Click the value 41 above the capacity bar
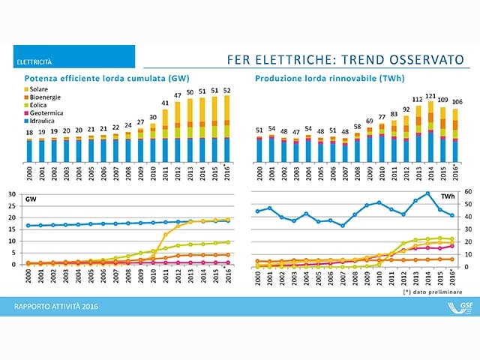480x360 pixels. pos(165,103)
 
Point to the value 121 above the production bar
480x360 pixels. pos(430,96)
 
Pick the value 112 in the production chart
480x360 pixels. pos(418,100)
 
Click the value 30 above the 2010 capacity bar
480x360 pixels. pos(152,117)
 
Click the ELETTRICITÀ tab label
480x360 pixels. pos(37,61)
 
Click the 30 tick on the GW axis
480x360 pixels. pos(10,194)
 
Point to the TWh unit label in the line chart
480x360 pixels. pos(448,196)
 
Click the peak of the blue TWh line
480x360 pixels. pos(428,193)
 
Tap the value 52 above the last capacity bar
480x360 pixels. pos(226,90)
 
